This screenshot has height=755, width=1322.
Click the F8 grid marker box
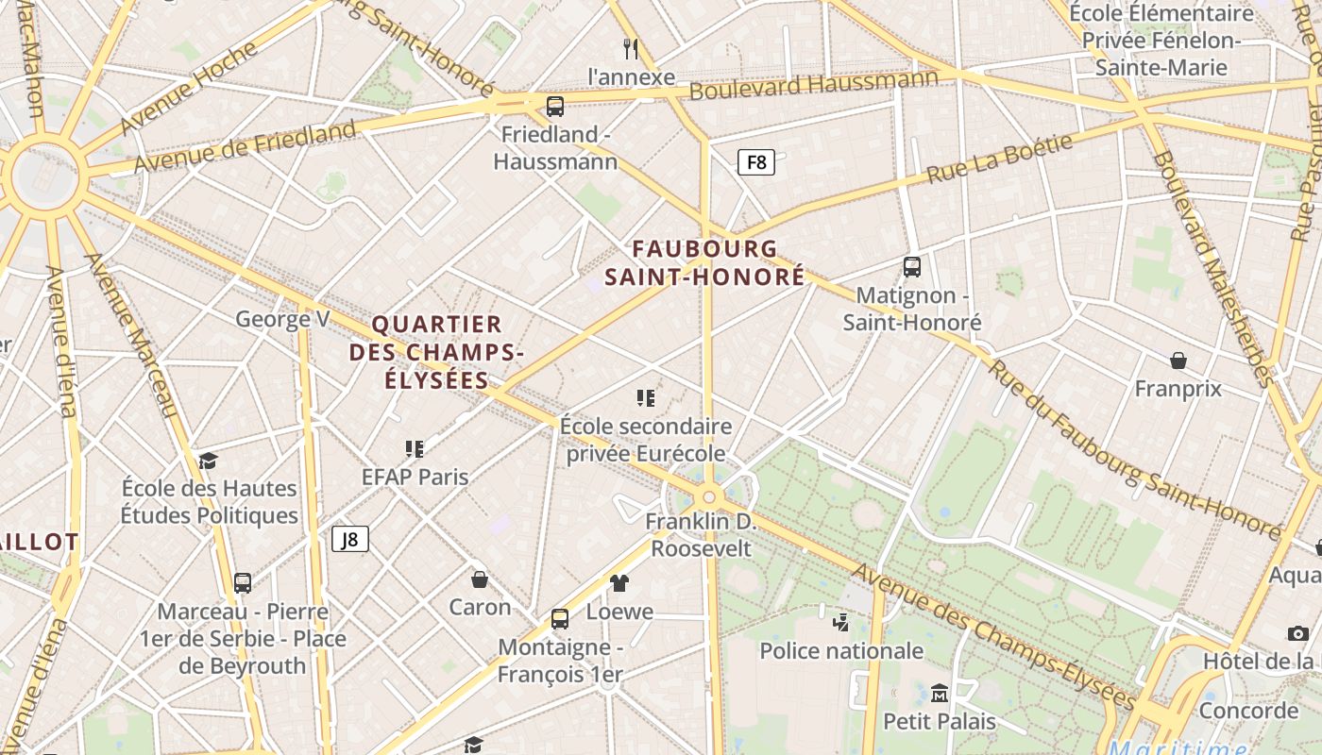755,162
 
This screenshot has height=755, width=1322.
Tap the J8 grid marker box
349,539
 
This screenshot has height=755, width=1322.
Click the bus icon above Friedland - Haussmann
555,106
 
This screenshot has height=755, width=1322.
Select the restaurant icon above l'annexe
631,48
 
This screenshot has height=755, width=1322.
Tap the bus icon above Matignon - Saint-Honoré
911,267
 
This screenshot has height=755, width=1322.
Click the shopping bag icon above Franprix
1178,361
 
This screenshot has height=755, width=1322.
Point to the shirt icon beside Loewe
619,583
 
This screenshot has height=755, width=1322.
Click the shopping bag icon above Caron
480,579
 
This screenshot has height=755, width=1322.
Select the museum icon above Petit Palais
939,694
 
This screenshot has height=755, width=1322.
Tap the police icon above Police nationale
840,622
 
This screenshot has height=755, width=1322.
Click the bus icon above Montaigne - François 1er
560,619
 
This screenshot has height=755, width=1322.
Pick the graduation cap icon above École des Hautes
208,461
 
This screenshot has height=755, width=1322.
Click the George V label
282,319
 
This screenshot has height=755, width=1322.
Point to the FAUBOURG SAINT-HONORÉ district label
705,262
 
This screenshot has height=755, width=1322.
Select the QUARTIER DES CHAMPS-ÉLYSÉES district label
436,352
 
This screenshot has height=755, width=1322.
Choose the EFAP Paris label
415,477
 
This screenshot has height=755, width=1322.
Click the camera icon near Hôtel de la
1298,633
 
